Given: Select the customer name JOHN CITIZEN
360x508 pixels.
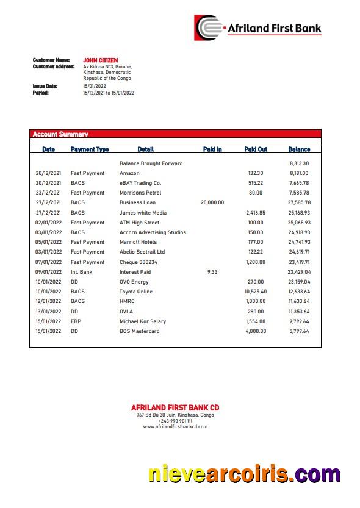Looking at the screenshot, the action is click(101, 60).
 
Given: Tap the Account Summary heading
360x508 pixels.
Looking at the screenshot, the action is click(60, 134).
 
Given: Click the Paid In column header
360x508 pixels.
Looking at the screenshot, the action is click(212, 149).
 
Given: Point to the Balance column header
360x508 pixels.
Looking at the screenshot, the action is click(299, 149).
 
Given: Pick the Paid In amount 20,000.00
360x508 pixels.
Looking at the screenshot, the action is click(212, 202).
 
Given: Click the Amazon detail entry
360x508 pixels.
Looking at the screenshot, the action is click(129, 173).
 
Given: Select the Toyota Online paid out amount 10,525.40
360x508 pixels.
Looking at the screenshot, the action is click(256, 292).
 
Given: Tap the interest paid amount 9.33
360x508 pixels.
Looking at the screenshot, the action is click(212, 272).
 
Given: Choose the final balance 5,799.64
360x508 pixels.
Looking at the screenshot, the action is click(299, 331).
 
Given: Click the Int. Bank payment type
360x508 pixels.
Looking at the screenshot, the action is click(82, 272).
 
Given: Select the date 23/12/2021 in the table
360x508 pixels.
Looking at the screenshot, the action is click(48, 193).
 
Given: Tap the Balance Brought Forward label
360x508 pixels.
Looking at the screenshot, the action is click(151, 163).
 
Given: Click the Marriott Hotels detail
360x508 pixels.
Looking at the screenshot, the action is click(138, 242).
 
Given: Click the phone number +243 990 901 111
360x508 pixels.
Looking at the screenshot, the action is click(175, 421).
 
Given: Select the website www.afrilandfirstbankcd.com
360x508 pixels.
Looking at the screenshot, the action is click(175, 427).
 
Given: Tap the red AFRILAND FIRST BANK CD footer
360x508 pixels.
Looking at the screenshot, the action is click(175, 407).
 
